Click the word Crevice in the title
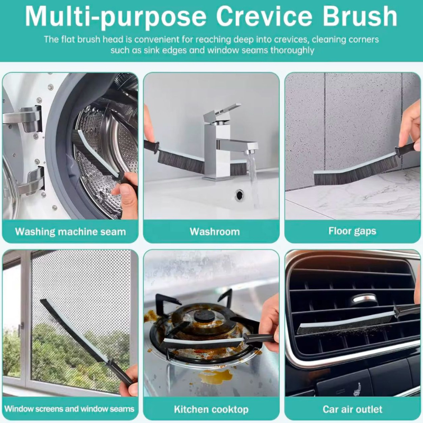point(264,16)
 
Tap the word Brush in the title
point(360,16)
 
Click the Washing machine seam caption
point(70,232)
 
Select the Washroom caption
point(215,232)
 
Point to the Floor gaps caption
point(352,232)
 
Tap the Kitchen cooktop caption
point(211,409)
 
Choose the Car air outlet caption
point(352,409)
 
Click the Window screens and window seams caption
point(69,409)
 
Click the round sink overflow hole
point(239,195)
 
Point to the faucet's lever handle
point(222,111)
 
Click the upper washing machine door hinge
point(24,118)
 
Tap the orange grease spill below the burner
point(215,376)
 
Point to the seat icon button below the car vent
point(357,390)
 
